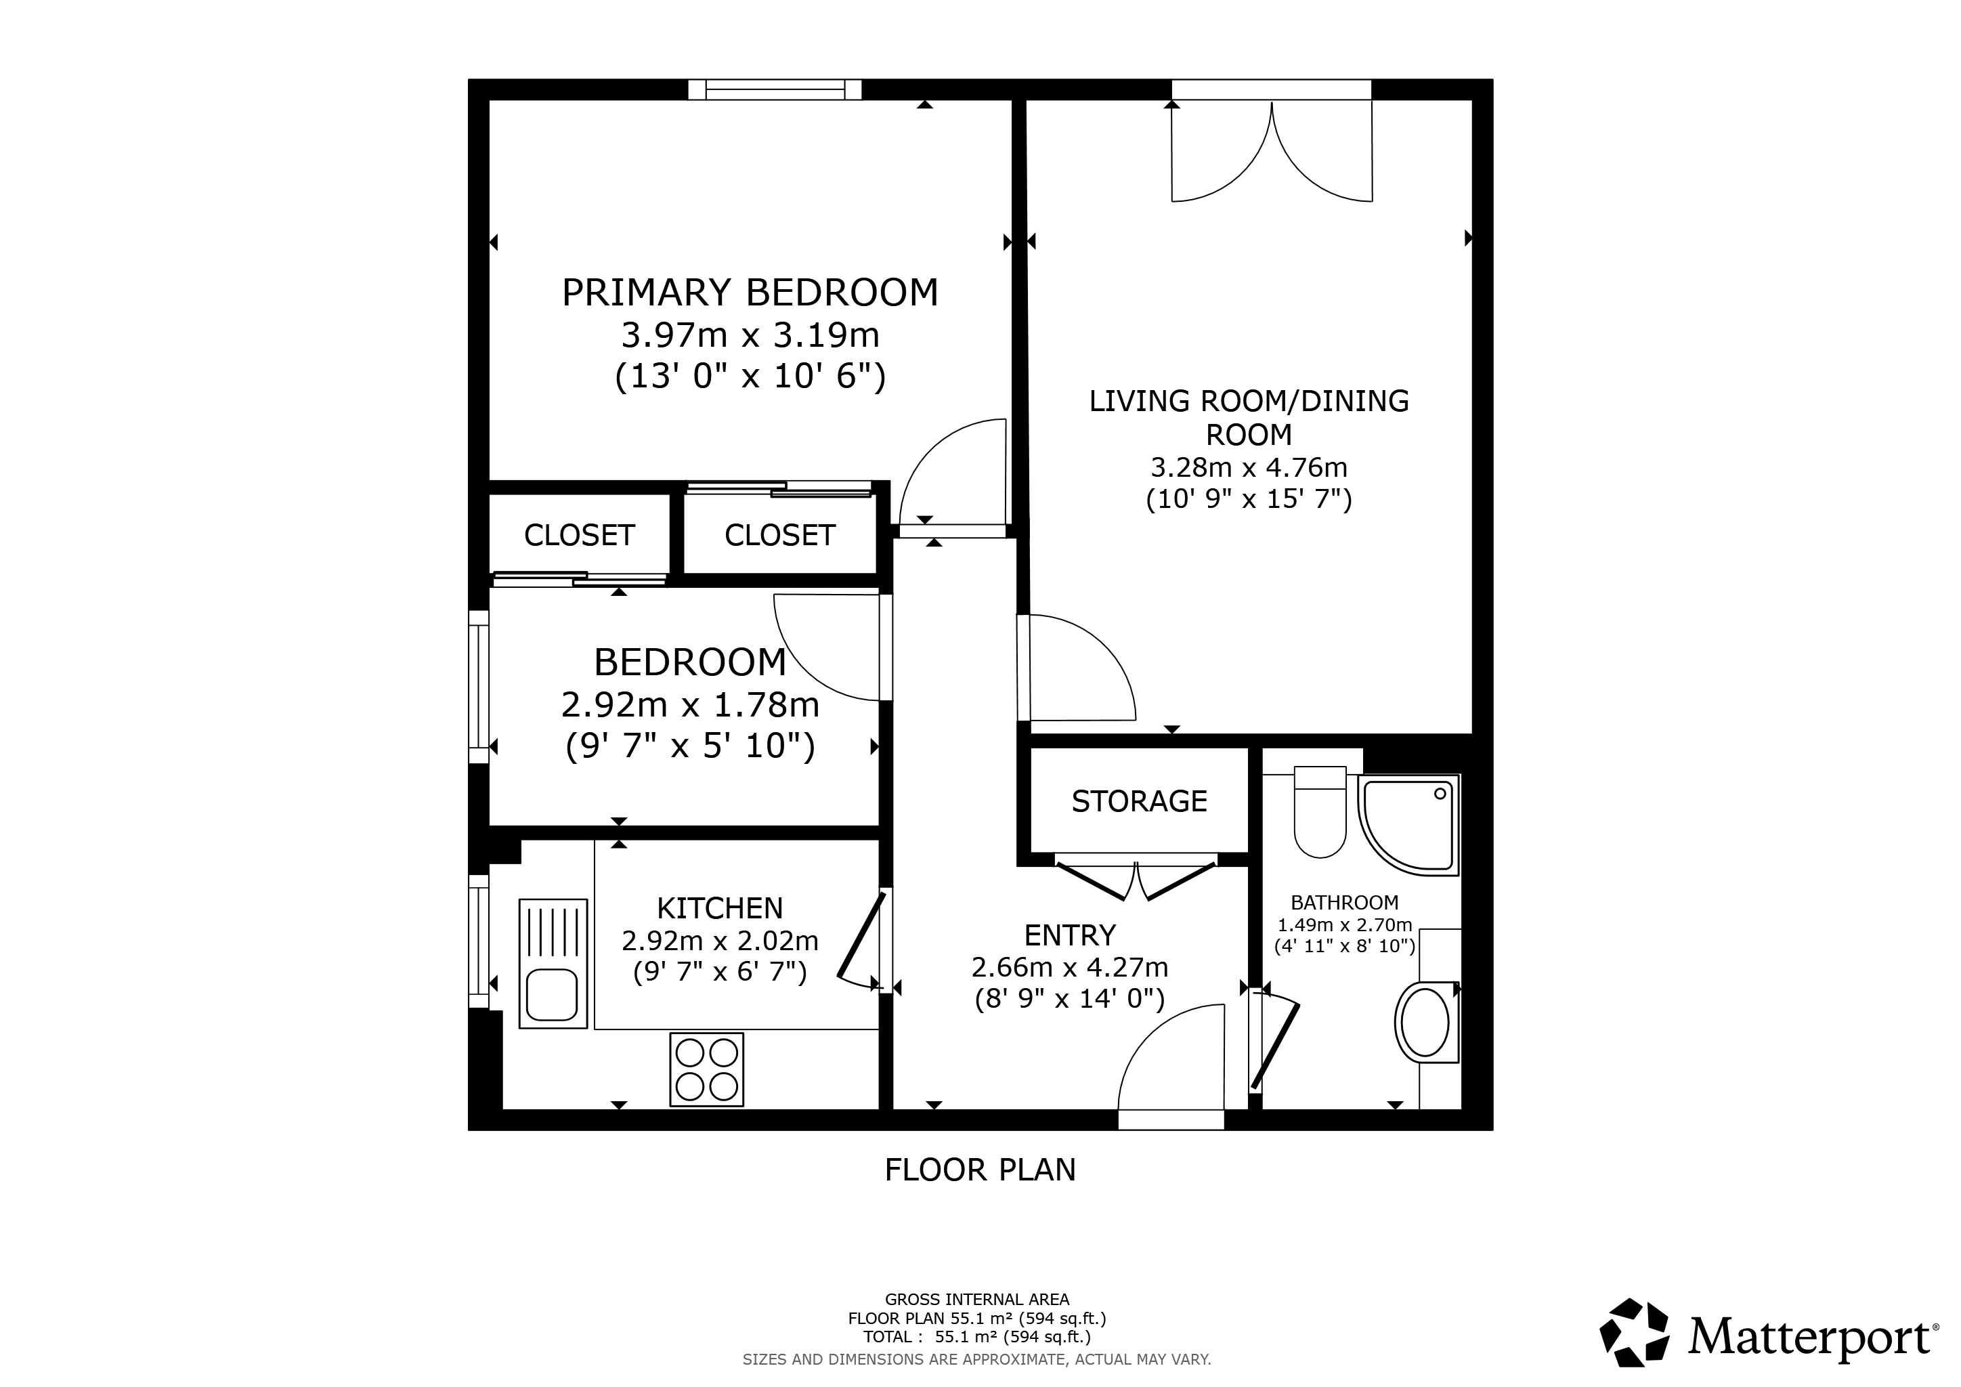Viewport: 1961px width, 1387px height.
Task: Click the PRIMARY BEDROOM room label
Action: point(750,293)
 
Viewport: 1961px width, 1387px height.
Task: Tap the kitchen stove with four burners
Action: point(706,1069)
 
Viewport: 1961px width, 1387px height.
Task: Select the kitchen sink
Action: point(553,962)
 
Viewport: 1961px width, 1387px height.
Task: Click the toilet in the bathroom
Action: point(1320,811)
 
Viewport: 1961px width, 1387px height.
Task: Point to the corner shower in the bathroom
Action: point(1408,825)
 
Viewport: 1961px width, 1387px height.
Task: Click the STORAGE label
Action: point(1140,801)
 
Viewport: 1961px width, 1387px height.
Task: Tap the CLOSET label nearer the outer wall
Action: point(579,536)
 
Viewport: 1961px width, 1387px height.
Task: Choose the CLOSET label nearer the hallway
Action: point(780,536)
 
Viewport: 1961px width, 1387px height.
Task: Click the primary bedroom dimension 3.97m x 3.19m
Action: point(750,336)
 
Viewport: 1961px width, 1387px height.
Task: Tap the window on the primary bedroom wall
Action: point(775,89)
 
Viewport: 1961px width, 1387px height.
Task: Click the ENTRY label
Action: point(1070,936)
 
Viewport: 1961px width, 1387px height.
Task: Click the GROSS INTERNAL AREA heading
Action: point(977,1300)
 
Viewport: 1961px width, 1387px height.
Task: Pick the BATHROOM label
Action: point(1344,903)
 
